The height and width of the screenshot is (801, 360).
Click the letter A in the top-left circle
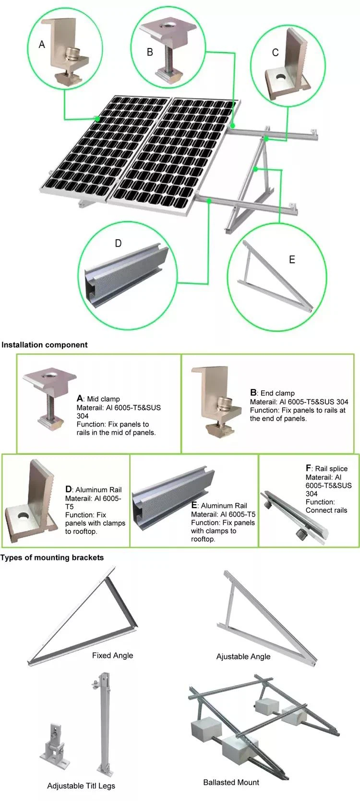42,45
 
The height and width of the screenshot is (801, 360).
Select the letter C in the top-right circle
275,53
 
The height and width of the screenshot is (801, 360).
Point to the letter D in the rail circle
118,243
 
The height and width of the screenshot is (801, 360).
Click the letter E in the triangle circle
292,260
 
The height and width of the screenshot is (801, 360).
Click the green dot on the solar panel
97,119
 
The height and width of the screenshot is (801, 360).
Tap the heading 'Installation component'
45,345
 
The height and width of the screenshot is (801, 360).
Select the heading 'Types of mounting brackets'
52,558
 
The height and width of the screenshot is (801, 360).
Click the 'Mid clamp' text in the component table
103,399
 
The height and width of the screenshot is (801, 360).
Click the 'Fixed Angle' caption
112,655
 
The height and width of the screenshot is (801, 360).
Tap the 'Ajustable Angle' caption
243,656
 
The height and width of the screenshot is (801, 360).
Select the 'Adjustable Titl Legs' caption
81,786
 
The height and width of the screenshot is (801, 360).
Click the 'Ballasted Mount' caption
231,782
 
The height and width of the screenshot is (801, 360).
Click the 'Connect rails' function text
326,510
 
